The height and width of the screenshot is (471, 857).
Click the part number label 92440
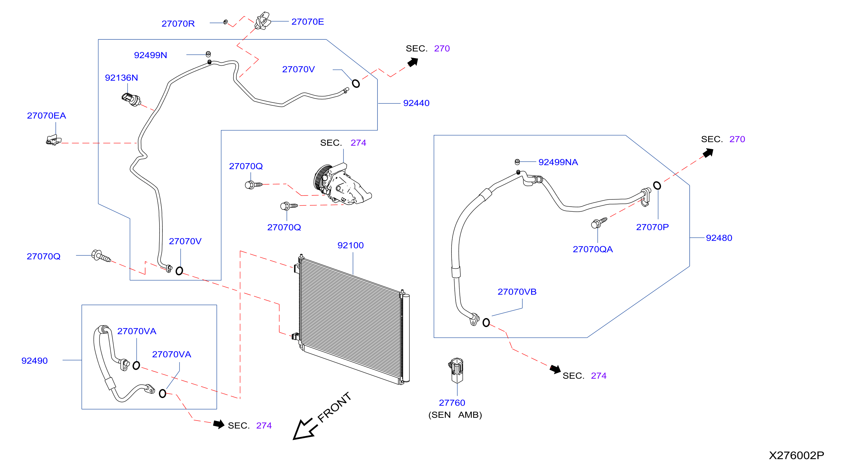click(416, 103)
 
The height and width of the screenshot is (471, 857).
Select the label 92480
click(719, 238)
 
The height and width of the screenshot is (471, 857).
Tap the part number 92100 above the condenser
click(350, 245)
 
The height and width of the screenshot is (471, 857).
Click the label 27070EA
click(47, 116)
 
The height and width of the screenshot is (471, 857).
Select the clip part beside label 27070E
click(262, 21)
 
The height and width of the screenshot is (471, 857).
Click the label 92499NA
click(558, 162)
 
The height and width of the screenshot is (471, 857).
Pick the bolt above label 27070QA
click(599, 223)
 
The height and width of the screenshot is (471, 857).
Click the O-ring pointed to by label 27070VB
click(486, 322)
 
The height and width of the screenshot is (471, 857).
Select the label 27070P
click(652, 227)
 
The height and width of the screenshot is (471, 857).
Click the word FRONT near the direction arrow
click(334, 407)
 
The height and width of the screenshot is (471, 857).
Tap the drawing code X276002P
click(796, 455)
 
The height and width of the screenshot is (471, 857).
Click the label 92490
click(35, 361)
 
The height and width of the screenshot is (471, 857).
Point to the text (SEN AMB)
click(455, 415)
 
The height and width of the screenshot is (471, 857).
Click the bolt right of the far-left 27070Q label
click(101, 256)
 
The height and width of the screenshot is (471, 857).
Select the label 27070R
click(178, 23)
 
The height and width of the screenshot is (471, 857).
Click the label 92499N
click(150, 55)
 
